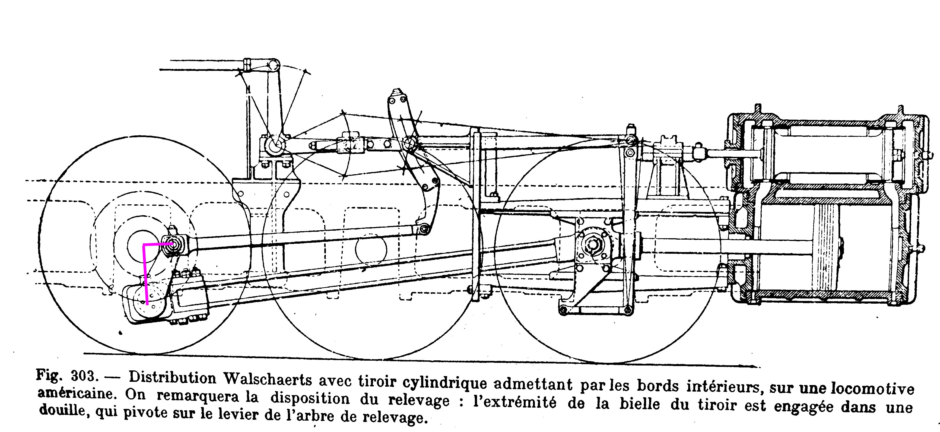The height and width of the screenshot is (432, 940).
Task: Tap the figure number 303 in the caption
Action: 84,376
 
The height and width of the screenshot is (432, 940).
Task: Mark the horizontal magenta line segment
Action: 158,243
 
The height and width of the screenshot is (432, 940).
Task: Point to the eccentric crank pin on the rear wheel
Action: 172,243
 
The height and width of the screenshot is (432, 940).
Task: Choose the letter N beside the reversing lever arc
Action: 248,89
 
